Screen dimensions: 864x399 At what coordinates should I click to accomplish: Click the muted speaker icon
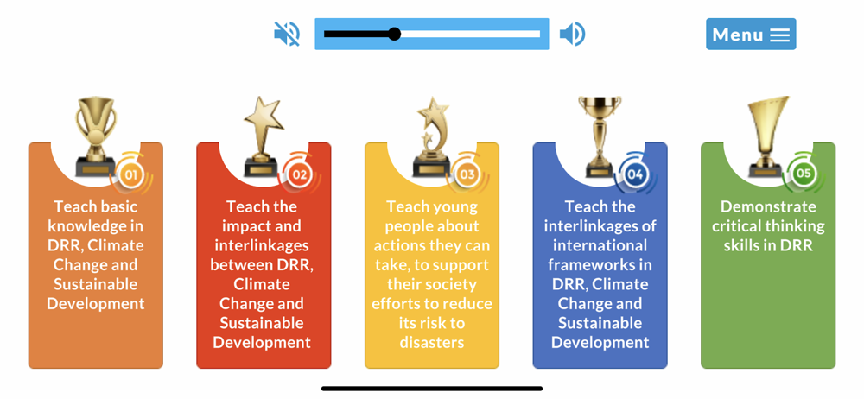click(287, 34)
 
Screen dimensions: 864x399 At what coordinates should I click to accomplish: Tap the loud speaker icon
click(573, 35)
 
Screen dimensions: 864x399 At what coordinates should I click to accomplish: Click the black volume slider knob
click(394, 35)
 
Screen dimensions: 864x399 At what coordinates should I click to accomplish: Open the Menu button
click(751, 35)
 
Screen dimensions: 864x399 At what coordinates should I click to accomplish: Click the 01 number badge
click(130, 175)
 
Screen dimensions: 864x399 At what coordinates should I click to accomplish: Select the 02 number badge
click(299, 175)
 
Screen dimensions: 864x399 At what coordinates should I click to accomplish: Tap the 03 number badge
click(467, 175)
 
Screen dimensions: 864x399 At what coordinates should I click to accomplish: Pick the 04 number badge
click(635, 175)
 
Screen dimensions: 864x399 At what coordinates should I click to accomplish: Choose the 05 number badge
click(804, 174)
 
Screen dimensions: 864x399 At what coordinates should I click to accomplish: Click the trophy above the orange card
click(96, 136)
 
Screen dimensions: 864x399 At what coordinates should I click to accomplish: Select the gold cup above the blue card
click(600, 136)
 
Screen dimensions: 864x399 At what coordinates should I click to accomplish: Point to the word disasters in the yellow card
click(431, 342)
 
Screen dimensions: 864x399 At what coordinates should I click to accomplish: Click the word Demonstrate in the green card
click(768, 206)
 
